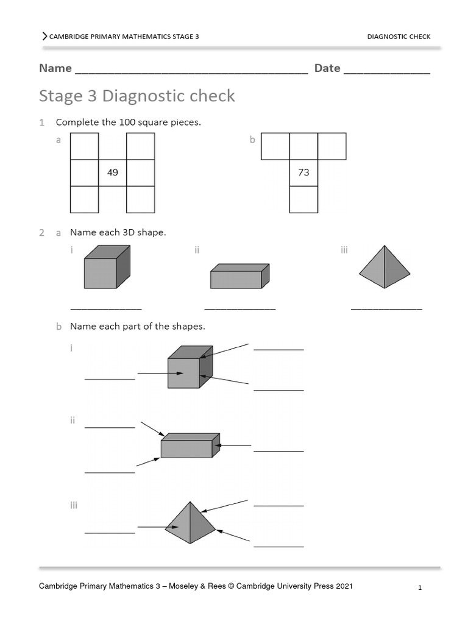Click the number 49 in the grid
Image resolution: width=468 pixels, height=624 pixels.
pos(112,172)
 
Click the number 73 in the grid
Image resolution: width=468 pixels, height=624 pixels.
pos(303,172)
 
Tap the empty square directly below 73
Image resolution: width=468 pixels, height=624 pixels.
pos(303,199)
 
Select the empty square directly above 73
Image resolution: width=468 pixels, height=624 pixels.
pos(303,146)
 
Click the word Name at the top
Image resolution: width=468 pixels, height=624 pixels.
pos(55,68)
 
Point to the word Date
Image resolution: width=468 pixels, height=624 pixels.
pos(327,68)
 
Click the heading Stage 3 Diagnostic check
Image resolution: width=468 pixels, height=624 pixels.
pos(136,96)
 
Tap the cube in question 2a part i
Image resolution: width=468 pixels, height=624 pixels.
pos(106,267)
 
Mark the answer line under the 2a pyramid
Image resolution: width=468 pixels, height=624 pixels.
pos(386,310)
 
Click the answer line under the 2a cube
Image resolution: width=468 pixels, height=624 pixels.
pos(106,310)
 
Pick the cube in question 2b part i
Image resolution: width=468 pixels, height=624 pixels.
pos(190,367)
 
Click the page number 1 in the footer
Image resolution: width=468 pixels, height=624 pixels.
pos(420,588)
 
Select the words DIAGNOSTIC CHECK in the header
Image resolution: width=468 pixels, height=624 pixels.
pos(399,37)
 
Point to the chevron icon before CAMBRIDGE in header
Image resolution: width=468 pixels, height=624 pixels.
pos(44,37)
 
